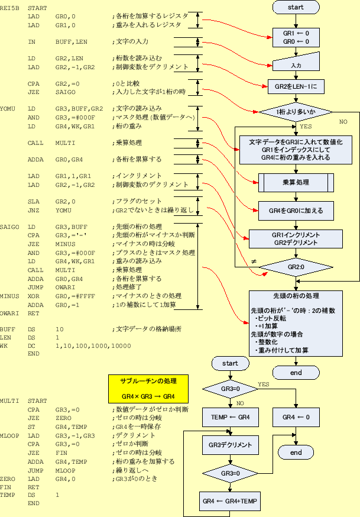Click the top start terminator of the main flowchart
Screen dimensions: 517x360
coord(296,7)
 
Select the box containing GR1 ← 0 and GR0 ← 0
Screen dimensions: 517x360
coord(296,38)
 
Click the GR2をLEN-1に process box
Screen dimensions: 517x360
coord(296,87)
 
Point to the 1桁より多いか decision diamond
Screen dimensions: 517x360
coord(296,112)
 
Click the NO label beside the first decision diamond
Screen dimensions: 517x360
coord(343,121)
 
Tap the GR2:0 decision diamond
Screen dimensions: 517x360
coord(296,267)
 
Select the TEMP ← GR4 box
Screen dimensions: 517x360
coord(231,417)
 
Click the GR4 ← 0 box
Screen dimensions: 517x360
coord(296,417)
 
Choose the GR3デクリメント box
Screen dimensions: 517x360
coord(231,445)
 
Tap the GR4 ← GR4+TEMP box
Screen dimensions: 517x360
coord(231,500)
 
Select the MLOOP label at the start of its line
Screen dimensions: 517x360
coord(9,435)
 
